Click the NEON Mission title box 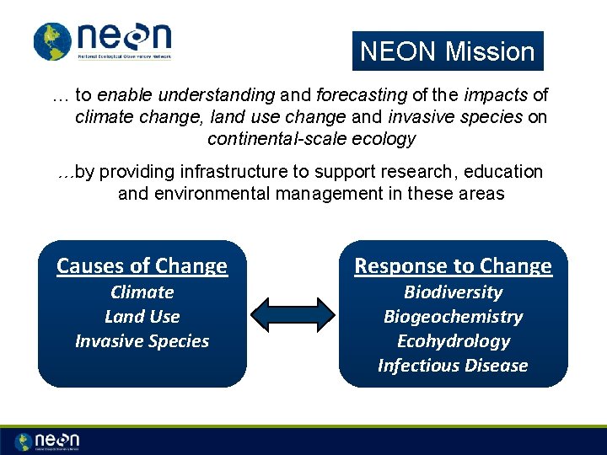448,51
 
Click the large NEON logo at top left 103,41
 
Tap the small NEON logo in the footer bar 47,442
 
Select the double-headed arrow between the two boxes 293,314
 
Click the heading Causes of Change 142,266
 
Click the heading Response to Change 453,266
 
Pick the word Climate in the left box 142,292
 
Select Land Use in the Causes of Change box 142,317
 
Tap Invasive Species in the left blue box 142,341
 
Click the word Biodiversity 453,292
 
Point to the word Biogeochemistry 453,317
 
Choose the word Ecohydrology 453,341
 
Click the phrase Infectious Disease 453,366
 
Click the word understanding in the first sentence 223,95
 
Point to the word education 507,172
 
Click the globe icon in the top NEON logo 53,41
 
